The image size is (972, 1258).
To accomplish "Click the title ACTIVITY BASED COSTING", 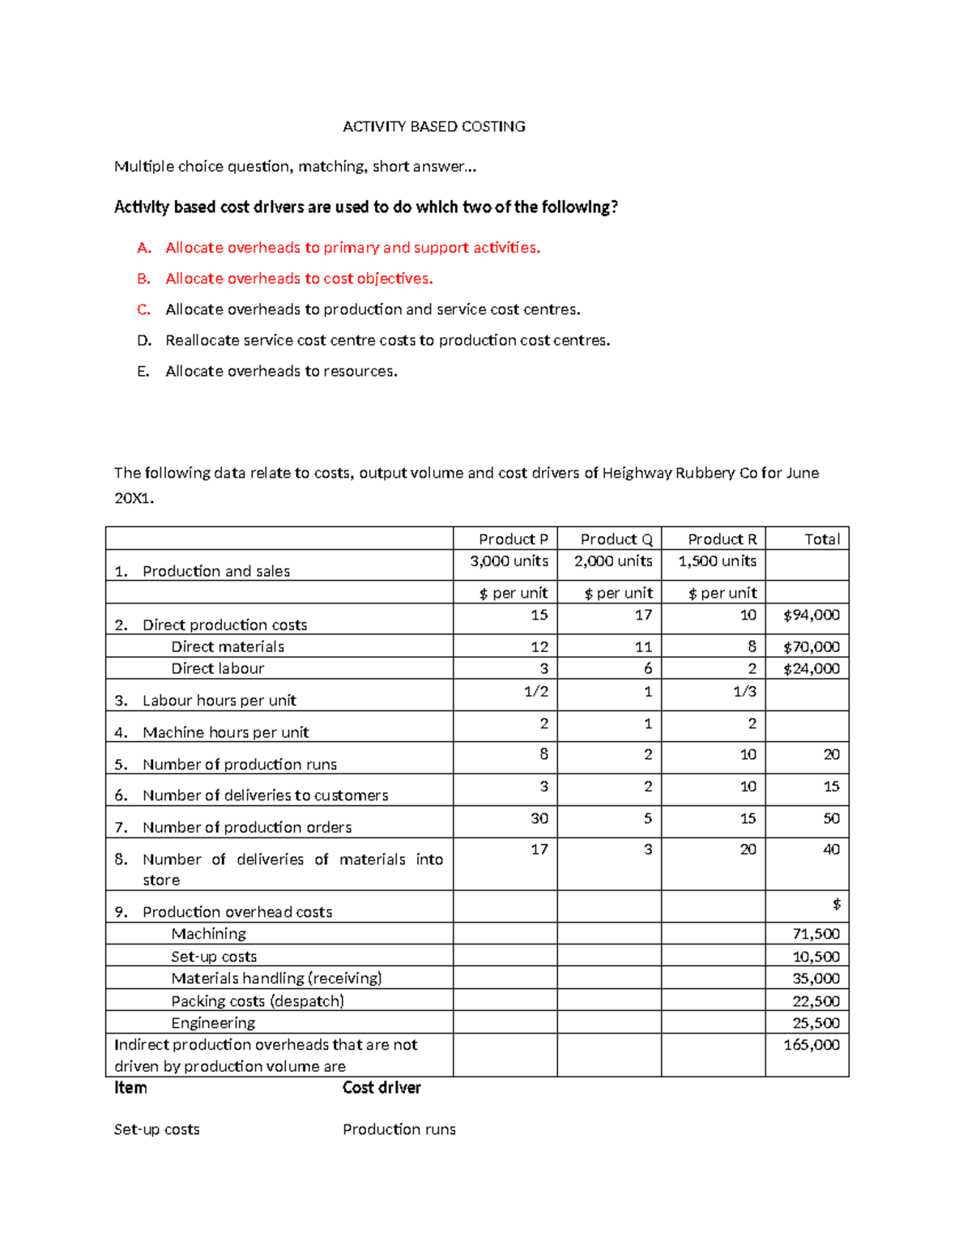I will coord(433,126).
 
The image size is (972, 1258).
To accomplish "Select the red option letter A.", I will coord(143,248).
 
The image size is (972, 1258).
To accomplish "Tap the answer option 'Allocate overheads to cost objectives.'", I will coord(299,279).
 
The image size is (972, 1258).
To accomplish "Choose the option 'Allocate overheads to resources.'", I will coord(281,371).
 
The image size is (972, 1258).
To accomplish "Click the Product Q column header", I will coord(616,539).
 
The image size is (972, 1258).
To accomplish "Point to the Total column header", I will coord(821,539).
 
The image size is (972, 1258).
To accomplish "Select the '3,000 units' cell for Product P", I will coord(509,561).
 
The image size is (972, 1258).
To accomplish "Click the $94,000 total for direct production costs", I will coord(811,616).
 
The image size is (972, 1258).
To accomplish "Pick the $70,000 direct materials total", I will coord(811,646).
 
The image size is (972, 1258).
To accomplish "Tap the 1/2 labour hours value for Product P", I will coord(535,692).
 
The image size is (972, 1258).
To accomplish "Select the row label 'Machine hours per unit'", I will coord(225,732).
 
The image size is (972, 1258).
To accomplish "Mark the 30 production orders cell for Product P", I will coord(539,818).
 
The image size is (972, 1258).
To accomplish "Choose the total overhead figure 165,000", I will coord(811,1045).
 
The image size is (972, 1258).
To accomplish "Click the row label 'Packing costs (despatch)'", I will coord(257,1001).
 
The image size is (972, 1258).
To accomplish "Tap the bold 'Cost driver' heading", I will coord(382,1088).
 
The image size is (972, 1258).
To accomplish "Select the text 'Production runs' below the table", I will coord(399,1129).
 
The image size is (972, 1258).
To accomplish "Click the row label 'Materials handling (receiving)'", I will coord(276,979).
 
